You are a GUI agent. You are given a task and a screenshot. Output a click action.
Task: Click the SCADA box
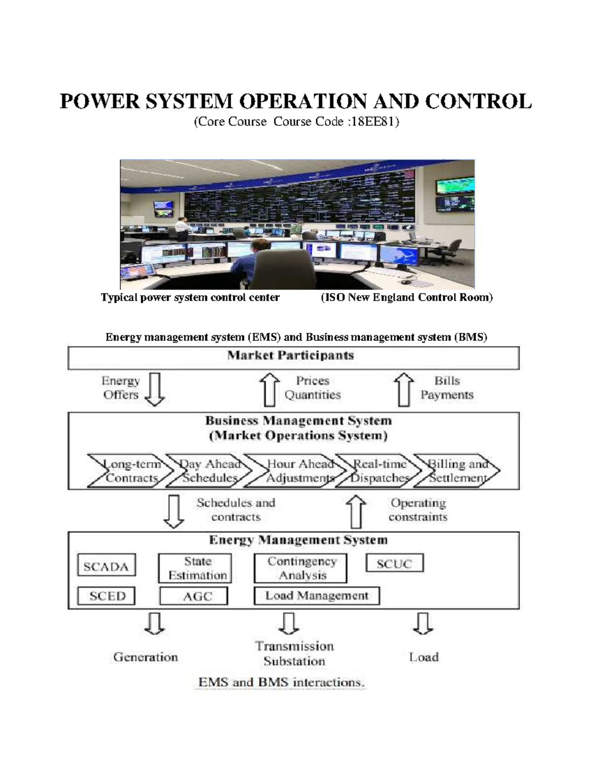click(106, 565)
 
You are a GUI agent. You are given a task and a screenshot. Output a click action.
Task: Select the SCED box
click(106, 595)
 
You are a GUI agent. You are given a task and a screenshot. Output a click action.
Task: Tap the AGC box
click(194, 596)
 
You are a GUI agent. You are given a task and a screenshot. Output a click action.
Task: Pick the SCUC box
click(394, 563)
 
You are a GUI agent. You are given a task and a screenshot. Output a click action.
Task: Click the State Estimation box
click(195, 568)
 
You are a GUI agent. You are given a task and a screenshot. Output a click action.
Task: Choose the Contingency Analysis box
click(300, 568)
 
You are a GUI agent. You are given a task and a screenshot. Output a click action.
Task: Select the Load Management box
click(317, 595)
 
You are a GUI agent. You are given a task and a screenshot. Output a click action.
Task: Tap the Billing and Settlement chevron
click(458, 471)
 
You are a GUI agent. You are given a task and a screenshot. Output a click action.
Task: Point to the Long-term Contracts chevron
click(130, 471)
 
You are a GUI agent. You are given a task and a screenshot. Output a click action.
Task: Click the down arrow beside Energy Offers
click(155, 389)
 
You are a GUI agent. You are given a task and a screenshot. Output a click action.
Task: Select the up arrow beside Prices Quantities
click(270, 389)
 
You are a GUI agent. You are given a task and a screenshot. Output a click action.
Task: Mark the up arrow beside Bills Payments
click(404, 389)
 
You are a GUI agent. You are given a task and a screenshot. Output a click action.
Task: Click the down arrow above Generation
click(155, 623)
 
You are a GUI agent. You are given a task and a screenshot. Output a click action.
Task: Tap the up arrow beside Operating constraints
click(356, 511)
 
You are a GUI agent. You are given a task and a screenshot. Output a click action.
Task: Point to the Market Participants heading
click(291, 356)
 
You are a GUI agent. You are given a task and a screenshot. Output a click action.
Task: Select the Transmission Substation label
click(294, 653)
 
